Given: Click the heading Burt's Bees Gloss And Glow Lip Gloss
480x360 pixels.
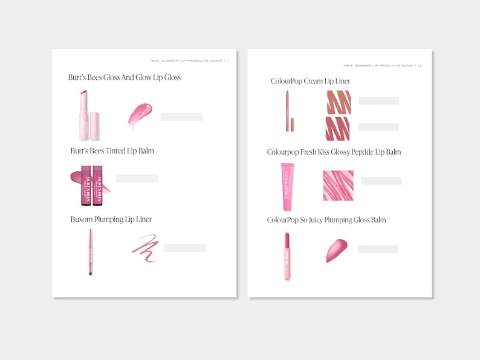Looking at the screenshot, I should click(x=125, y=77).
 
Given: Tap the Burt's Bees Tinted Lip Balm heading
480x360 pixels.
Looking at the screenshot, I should click(x=112, y=150).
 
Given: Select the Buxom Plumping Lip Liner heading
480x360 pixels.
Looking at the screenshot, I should click(x=111, y=219).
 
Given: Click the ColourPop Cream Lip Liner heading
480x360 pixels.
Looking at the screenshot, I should click(x=310, y=81).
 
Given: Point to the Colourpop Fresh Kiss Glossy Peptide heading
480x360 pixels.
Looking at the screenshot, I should click(x=334, y=152).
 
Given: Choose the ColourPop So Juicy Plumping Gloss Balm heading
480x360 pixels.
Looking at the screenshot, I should click(x=326, y=220).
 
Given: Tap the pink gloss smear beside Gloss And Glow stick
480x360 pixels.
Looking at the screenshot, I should click(x=140, y=115).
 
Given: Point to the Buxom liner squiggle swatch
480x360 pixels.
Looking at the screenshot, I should click(x=145, y=248).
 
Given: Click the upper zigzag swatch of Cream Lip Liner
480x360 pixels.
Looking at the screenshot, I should click(x=338, y=102).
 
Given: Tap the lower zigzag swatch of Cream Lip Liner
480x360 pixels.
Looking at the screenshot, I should click(x=338, y=128).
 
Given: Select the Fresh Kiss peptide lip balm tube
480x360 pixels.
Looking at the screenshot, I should click(x=287, y=182).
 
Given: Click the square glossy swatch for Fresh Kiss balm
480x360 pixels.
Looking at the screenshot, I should click(x=338, y=185).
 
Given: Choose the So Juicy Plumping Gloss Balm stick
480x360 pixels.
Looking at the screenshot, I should click(x=287, y=256).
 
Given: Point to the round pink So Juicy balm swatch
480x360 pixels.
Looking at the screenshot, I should click(x=336, y=250).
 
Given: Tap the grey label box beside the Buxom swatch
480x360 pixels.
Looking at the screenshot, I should click(x=185, y=248).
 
